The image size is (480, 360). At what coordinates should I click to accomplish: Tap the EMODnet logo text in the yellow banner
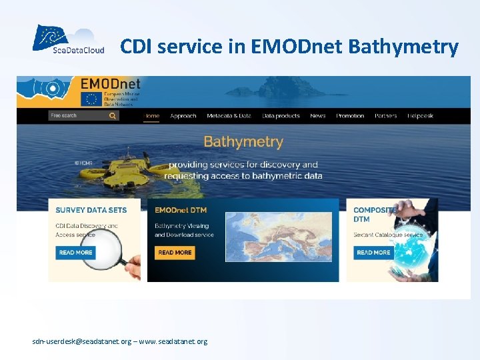pyautogui.click(x=111, y=85)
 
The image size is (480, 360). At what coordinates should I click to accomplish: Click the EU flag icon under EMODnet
pyautogui.click(x=90, y=99)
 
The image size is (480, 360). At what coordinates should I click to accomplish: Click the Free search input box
pyautogui.click(x=77, y=115)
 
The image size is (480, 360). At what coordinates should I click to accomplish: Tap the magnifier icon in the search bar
pyautogui.click(x=113, y=115)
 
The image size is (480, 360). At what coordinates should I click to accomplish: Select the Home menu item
pyautogui.click(x=152, y=116)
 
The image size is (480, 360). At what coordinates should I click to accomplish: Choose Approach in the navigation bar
pyautogui.click(x=183, y=116)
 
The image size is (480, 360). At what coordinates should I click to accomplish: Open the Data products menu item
pyautogui.click(x=281, y=116)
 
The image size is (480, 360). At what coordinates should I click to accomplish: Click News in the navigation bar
pyautogui.click(x=318, y=116)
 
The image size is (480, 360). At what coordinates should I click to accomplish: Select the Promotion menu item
pyautogui.click(x=350, y=116)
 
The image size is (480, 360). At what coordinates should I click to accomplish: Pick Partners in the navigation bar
pyautogui.click(x=385, y=116)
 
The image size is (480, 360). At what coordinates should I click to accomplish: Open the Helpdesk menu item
pyautogui.click(x=421, y=116)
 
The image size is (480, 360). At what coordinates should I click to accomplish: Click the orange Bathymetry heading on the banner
pyautogui.click(x=243, y=142)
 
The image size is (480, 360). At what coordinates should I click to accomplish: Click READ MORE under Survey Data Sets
pyautogui.click(x=76, y=253)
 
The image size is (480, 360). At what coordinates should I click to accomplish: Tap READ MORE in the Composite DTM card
pyautogui.click(x=373, y=253)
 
